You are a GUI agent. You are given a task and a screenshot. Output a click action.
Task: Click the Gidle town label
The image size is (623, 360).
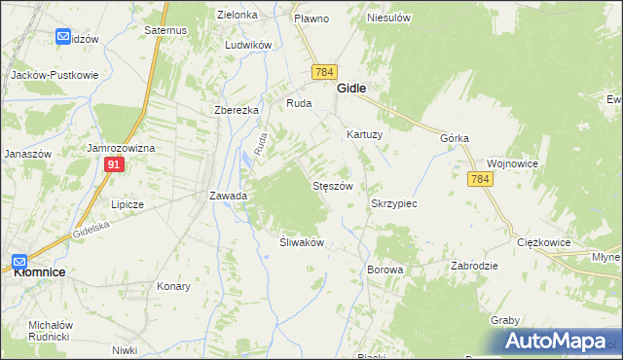[351, 88]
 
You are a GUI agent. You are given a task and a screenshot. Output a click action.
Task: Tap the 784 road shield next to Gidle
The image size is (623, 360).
[325, 72]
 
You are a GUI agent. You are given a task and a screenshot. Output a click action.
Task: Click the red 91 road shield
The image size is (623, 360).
[115, 166]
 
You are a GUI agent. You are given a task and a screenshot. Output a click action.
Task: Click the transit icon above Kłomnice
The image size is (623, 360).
[19, 261]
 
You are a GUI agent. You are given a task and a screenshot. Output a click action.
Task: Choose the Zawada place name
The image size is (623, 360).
[228, 196]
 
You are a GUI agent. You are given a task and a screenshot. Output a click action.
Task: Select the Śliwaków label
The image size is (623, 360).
[301, 242]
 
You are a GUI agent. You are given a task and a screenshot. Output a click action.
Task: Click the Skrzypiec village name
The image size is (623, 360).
[394, 204]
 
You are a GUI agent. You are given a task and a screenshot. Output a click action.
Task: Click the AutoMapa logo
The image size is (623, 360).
[556, 342]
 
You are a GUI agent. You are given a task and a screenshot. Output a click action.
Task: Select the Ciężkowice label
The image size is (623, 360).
[543, 242]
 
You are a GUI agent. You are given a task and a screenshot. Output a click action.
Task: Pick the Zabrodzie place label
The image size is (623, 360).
[475, 266]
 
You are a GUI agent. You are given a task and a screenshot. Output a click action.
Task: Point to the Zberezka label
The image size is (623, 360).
[237, 110]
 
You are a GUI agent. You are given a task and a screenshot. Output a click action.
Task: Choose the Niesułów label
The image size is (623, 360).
[388, 18]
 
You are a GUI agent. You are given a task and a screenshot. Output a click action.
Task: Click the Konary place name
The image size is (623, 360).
[173, 287]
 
